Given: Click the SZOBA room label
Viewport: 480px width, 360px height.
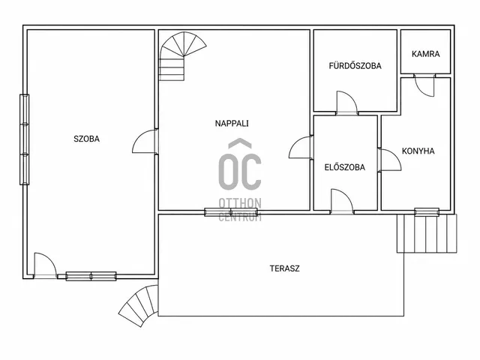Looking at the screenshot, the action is (87, 139).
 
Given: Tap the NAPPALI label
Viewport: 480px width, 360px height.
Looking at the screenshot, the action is (232, 123).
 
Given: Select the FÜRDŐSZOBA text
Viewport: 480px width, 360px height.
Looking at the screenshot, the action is (355, 66).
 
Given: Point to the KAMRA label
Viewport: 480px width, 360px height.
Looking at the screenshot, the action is (425, 54).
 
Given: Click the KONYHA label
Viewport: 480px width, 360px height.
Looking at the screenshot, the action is (418, 151).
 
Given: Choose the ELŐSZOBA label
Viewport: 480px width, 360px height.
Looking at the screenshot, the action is (345, 167).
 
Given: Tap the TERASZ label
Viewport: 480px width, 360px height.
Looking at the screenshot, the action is (285, 268).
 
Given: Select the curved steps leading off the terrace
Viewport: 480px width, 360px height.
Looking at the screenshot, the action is (139, 305).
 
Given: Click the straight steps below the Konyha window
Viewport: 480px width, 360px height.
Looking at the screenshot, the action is (427, 233).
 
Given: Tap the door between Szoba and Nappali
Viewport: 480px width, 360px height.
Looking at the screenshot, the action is (145, 141).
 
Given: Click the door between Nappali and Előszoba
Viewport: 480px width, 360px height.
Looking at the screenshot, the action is (301, 147).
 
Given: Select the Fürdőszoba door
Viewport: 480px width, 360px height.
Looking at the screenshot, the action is (346, 103).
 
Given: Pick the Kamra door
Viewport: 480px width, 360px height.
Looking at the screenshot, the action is (424, 85).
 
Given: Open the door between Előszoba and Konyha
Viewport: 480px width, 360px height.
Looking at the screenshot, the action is (389, 160).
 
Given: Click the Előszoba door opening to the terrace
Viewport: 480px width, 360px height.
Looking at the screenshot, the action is (342, 201).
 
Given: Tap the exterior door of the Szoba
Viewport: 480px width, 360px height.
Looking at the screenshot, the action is (45, 265).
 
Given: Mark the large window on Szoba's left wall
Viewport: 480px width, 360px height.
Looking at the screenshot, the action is (25, 139).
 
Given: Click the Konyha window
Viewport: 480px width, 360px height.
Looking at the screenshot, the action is (427, 211).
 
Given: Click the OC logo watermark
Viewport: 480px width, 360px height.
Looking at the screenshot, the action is (240, 180).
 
